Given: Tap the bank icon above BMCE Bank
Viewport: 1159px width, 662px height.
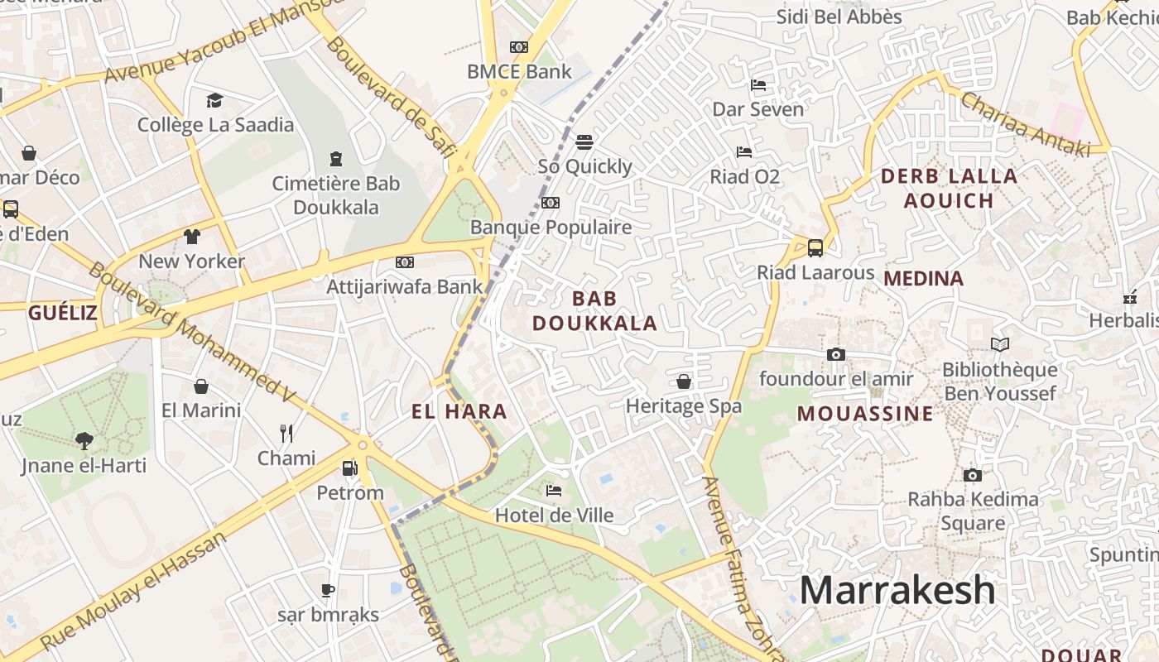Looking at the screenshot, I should tap(519, 47).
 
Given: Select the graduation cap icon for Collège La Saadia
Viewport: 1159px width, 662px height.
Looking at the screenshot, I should tap(215, 100).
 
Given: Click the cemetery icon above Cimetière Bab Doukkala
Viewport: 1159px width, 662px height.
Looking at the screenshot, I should tap(336, 158).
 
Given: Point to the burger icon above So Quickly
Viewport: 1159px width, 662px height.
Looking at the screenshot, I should tap(584, 142).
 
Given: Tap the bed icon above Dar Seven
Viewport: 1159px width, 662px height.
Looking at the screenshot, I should tap(757, 84).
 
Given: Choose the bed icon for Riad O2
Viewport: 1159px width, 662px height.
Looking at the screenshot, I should tap(744, 152).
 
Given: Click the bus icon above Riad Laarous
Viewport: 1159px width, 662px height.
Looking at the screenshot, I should tap(815, 247).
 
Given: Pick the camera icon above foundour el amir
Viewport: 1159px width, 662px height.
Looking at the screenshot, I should tap(836, 354).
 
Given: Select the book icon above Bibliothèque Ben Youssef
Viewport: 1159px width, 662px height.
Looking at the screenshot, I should tap(1000, 344).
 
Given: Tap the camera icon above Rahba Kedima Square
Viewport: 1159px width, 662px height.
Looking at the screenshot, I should tap(973, 475).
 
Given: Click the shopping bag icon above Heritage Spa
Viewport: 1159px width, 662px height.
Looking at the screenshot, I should tap(684, 381).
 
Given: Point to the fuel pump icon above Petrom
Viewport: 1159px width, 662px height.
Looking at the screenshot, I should tap(350, 468).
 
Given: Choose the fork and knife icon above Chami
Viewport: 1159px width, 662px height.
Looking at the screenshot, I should tap(286, 433).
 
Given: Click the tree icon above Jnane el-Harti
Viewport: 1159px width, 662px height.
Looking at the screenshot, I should tap(84, 440).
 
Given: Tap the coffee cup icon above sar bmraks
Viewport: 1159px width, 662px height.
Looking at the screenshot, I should tap(328, 590).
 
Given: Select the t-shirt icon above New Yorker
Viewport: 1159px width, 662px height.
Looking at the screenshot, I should tap(192, 237).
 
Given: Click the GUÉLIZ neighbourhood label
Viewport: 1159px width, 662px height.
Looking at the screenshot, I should tap(63, 313).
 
